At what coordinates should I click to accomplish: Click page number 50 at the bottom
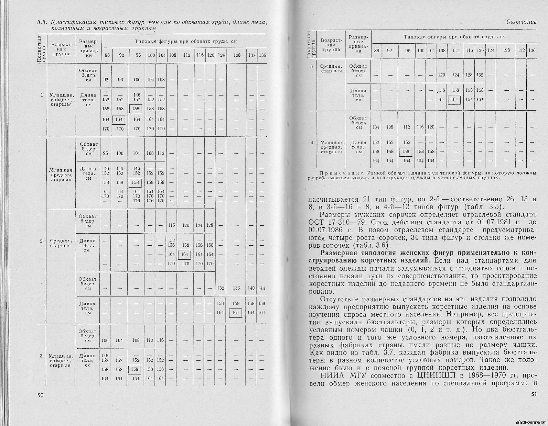[x=41, y=395]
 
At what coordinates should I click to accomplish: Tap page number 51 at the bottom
[x=534, y=394]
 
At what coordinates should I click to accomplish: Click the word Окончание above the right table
[x=522, y=22]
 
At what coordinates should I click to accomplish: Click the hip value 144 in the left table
[x=261, y=288]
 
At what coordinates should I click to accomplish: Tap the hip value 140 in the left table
[x=251, y=288]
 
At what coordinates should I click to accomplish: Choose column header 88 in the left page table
[x=107, y=55]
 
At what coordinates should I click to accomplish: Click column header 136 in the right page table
[x=532, y=51]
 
